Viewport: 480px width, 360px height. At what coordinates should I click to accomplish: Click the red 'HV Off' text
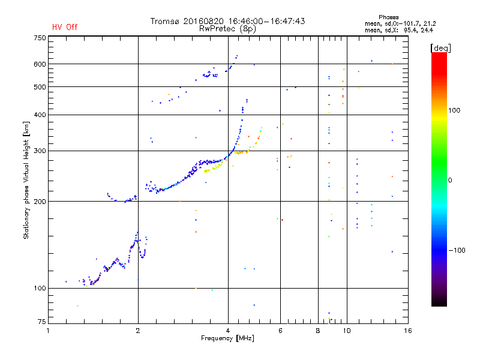64,27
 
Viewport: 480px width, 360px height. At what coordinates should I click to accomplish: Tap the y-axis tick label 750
40,38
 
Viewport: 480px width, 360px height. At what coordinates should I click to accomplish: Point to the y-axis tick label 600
40,64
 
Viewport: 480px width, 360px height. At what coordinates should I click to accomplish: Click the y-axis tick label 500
40,87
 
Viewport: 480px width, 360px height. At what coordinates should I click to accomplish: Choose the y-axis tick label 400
40,115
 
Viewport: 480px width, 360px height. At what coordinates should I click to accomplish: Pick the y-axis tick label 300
40,151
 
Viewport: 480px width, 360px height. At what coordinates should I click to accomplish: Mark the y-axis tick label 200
40,202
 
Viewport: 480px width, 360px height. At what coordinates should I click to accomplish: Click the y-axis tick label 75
41,323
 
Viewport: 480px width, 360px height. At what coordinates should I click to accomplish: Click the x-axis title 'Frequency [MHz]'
229,338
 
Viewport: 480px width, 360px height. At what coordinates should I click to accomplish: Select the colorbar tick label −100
458,250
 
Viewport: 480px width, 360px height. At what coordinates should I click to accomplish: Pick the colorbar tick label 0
451,180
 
